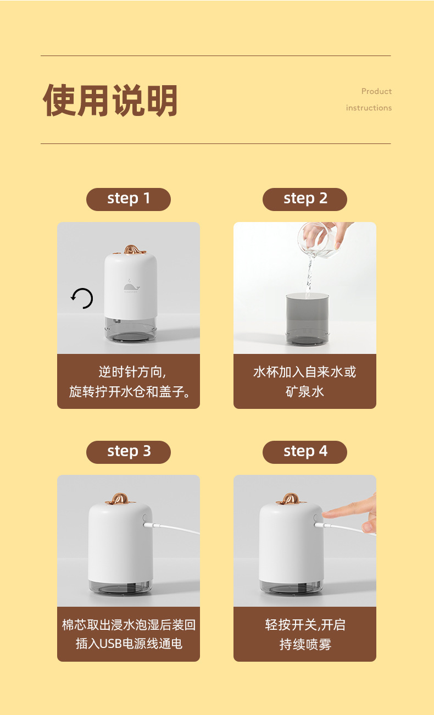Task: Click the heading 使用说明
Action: click(110, 101)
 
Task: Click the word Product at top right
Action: click(376, 91)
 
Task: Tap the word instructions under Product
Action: click(369, 108)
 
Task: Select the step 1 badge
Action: click(129, 199)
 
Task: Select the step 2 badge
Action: click(305, 199)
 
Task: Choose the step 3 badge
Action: click(129, 452)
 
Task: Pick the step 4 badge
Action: click(305, 452)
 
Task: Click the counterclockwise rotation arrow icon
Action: click(82, 298)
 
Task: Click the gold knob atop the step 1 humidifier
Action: click(131, 250)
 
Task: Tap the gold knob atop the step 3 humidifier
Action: click(116, 498)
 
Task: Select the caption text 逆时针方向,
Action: click(132, 372)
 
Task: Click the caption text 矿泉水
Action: click(305, 391)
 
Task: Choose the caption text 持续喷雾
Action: click(305, 644)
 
